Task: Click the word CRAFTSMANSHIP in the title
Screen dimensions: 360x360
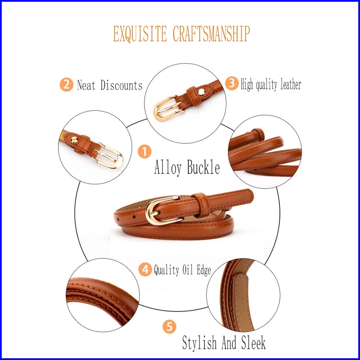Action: (211, 34)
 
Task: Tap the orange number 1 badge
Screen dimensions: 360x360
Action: (145, 152)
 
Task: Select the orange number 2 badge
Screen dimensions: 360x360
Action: (66, 85)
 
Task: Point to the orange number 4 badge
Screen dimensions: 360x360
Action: (145, 269)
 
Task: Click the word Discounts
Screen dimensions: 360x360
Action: (122, 85)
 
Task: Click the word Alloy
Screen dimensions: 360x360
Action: (168, 168)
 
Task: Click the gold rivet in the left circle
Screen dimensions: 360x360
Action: (74, 140)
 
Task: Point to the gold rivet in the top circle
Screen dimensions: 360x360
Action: (201, 92)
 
